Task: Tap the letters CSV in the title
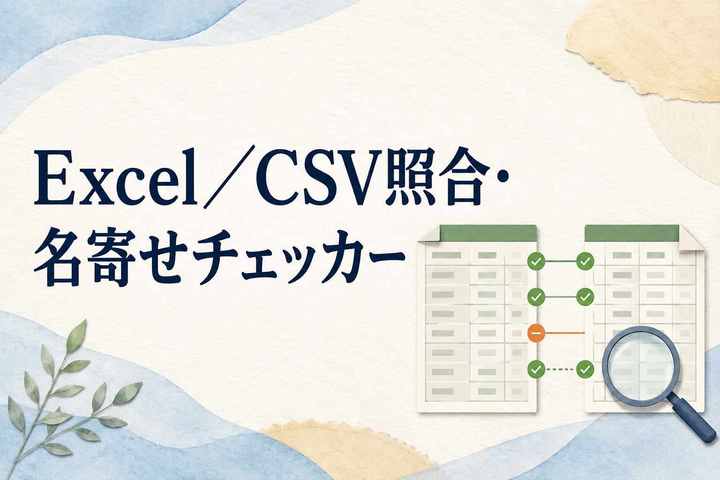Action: coord(319,179)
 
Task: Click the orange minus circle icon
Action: coord(536,333)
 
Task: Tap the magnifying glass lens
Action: coord(641,367)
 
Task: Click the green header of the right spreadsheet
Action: coord(631,233)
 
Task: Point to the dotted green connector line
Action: coord(561,369)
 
